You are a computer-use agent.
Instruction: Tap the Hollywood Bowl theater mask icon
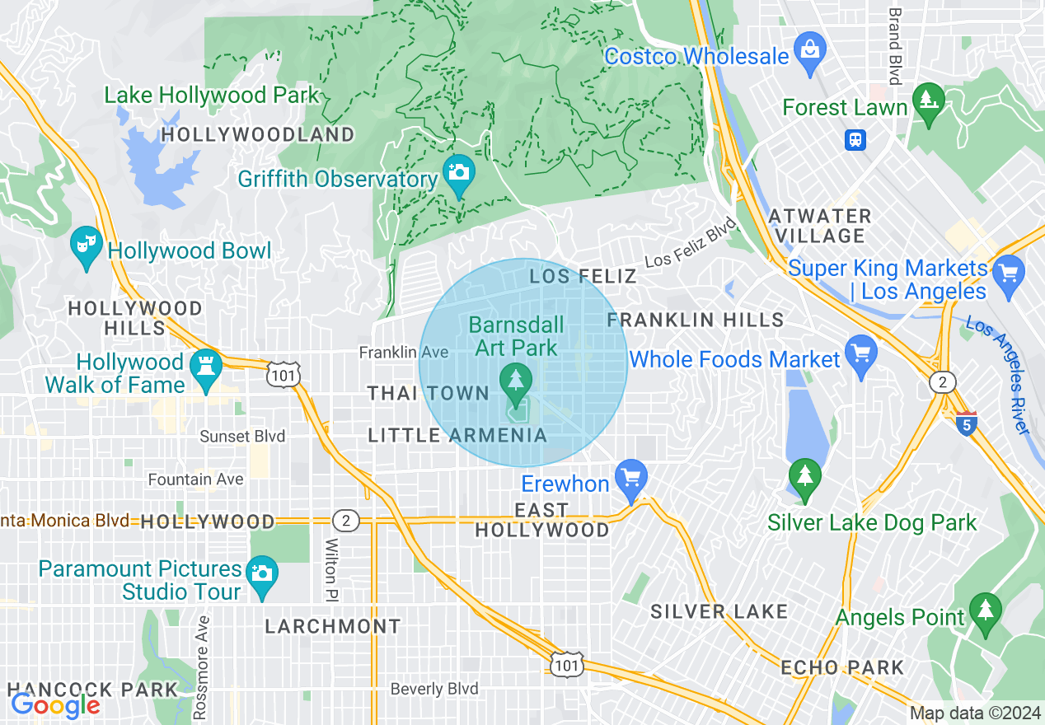point(86,245)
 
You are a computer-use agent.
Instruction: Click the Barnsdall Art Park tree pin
point(516,381)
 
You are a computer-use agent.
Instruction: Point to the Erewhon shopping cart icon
point(631,478)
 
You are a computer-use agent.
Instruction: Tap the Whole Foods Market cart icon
point(860,353)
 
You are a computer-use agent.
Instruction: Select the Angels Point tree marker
point(986,610)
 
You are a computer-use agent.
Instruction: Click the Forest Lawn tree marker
point(929,101)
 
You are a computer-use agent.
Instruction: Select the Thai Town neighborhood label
point(429,394)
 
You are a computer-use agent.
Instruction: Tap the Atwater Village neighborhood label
point(819,226)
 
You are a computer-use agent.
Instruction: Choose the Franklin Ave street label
point(403,353)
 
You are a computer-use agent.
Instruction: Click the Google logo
point(54,704)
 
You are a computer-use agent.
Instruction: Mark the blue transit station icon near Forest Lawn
point(855,139)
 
